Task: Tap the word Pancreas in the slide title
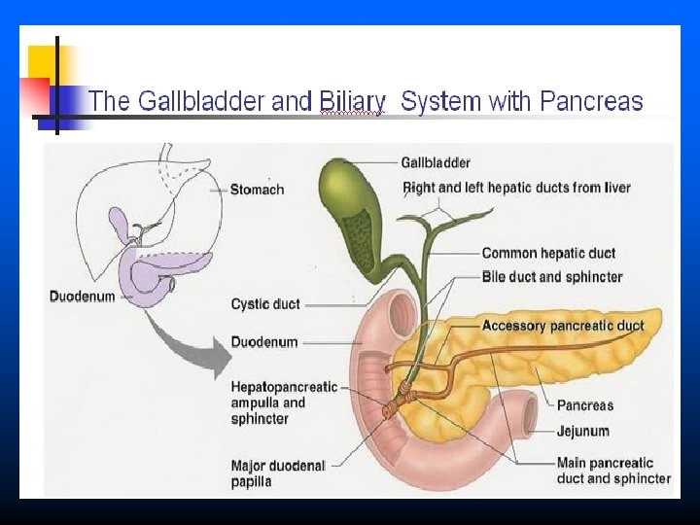591,101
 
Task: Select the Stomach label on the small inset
257,190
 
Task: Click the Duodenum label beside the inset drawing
82,295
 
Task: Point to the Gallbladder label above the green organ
436,162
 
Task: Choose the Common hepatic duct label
548,254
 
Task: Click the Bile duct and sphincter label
552,277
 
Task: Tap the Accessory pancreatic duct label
563,326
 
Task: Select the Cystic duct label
265,304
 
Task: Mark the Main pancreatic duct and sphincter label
613,471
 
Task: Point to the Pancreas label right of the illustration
585,405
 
